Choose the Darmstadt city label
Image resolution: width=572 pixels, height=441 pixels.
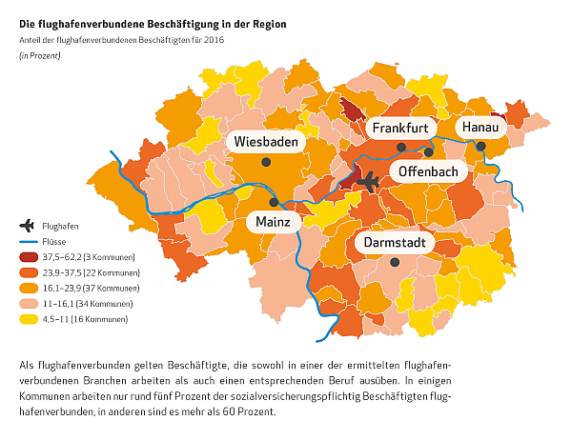[395, 243]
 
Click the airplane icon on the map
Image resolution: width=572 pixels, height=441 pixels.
[367, 181]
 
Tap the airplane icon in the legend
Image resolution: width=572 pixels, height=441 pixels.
[27, 226]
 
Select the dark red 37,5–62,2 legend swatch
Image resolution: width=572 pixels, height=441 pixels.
[27, 257]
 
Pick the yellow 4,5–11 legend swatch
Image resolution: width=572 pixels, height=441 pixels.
[27, 318]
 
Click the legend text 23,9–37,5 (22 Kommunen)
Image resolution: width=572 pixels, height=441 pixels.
[92, 272]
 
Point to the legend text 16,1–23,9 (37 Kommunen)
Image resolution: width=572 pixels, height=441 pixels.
[92, 288]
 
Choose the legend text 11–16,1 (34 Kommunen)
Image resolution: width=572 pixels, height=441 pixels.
[89, 303]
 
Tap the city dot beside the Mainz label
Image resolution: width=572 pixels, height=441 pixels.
[274, 202]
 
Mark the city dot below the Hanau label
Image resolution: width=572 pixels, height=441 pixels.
[481, 147]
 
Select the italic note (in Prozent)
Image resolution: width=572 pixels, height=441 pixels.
[39, 56]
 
